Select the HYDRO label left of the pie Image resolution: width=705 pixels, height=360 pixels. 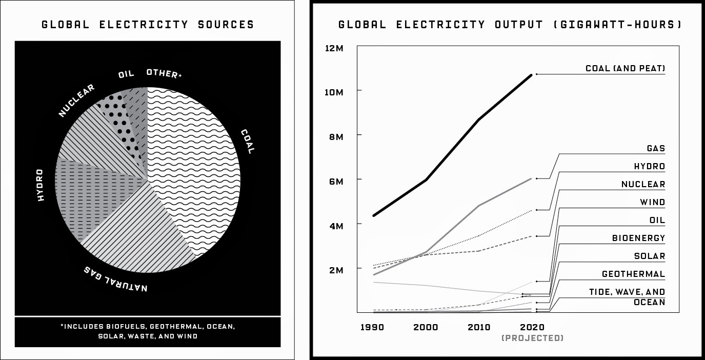41,185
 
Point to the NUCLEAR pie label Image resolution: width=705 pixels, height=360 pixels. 76,100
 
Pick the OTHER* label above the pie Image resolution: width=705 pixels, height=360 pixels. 164,73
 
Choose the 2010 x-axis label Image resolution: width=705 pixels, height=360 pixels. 478,327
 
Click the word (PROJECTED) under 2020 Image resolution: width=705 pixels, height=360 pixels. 532,338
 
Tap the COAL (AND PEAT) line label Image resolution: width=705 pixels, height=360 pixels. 625,68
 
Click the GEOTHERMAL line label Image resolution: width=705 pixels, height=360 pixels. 633,274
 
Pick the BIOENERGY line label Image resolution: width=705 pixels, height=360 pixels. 638,238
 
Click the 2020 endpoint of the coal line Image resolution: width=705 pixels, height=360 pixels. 532,75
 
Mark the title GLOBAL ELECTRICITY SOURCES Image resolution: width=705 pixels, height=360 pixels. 148,25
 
